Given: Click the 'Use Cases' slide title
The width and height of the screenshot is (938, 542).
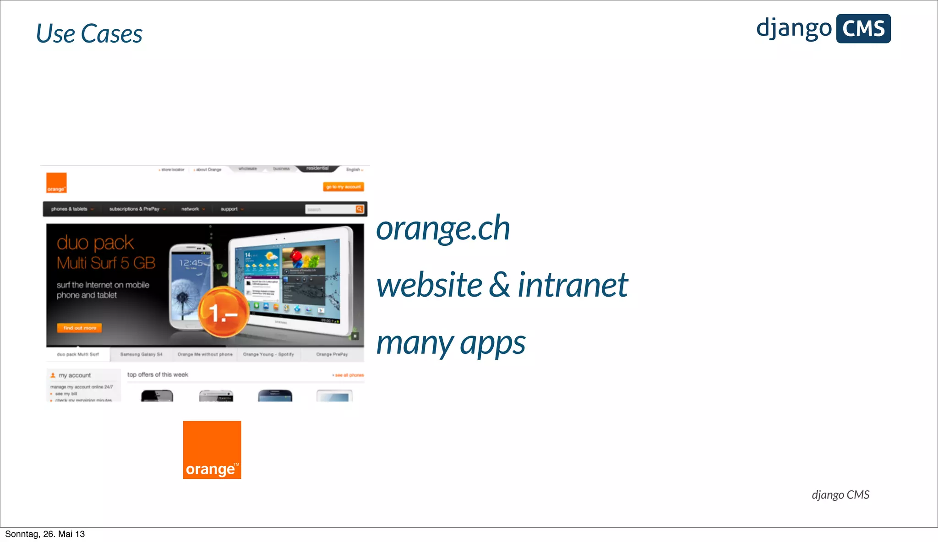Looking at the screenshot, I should pyautogui.click(x=89, y=34).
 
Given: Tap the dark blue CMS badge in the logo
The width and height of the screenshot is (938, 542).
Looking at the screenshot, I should pyautogui.click(x=863, y=29).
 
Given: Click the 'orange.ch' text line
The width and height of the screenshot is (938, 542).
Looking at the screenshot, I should pyautogui.click(x=442, y=228).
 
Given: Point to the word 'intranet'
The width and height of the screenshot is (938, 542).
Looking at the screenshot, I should pyautogui.click(x=573, y=285).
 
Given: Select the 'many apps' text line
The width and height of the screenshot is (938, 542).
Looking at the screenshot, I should pyautogui.click(x=451, y=343).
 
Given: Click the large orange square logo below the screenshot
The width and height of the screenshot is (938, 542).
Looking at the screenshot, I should pyautogui.click(x=212, y=450).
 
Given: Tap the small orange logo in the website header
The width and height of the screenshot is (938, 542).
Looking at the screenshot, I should pyautogui.click(x=56, y=183).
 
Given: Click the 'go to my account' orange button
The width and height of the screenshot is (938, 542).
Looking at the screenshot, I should pyautogui.click(x=344, y=187).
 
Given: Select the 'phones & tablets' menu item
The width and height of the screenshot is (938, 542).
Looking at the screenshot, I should pyautogui.click(x=70, y=209).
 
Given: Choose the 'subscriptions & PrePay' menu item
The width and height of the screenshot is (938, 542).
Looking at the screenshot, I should pyautogui.click(x=134, y=209).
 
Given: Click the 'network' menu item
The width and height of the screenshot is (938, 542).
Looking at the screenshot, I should pyautogui.click(x=190, y=209).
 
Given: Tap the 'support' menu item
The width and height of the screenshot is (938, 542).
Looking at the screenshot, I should pyautogui.click(x=229, y=209).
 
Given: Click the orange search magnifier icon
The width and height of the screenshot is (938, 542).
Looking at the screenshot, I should pyautogui.click(x=360, y=209).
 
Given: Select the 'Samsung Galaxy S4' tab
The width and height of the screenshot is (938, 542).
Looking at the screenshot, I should pyautogui.click(x=141, y=354).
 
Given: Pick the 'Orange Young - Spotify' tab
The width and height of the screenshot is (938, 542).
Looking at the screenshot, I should pyautogui.click(x=268, y=354).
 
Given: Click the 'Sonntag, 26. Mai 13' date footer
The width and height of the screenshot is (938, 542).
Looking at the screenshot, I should pyautogui.click(x=45, y=534).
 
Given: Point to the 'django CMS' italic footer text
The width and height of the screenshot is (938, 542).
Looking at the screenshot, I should pyautogui.click(x=840, y=495).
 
